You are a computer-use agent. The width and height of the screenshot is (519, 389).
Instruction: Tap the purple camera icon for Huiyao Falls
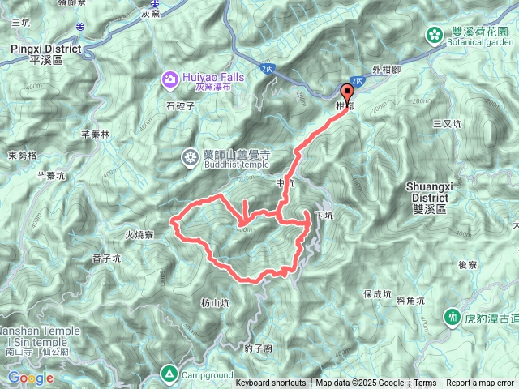(x=170, y=79)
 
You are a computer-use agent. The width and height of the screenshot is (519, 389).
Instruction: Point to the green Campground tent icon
(x=169, y=373)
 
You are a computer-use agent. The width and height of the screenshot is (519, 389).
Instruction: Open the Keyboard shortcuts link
(x=271, y=383)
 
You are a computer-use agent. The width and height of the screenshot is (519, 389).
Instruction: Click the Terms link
(x=425, y=383)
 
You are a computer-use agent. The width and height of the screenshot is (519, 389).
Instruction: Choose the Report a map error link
(x=480, y=383)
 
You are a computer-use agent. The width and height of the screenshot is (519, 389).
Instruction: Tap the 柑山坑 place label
(x=215, y=302)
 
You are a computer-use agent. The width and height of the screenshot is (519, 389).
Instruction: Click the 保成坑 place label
(x=379, y=293)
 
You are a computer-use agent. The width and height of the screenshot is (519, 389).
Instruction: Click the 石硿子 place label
(x=181, y=105)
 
